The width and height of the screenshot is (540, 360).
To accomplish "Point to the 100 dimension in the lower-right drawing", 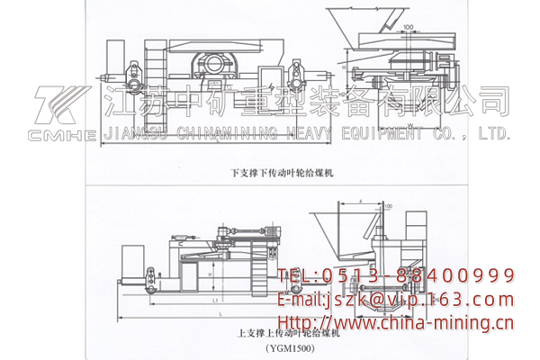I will (x=388, y=207).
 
